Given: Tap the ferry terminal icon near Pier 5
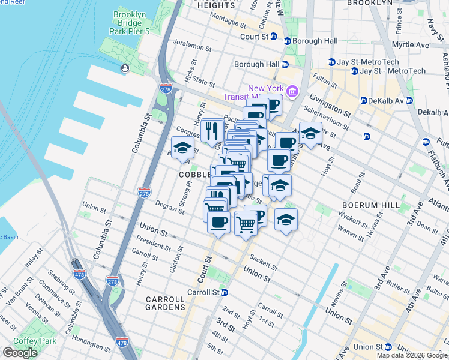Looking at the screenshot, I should tap(125, 68).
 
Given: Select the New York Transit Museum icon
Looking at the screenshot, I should tap(292, 91).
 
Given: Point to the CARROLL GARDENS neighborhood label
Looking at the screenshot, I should tap(165, 303).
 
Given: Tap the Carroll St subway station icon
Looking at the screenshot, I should tap(224, 293).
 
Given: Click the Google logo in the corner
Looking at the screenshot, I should tap(20, 353).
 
